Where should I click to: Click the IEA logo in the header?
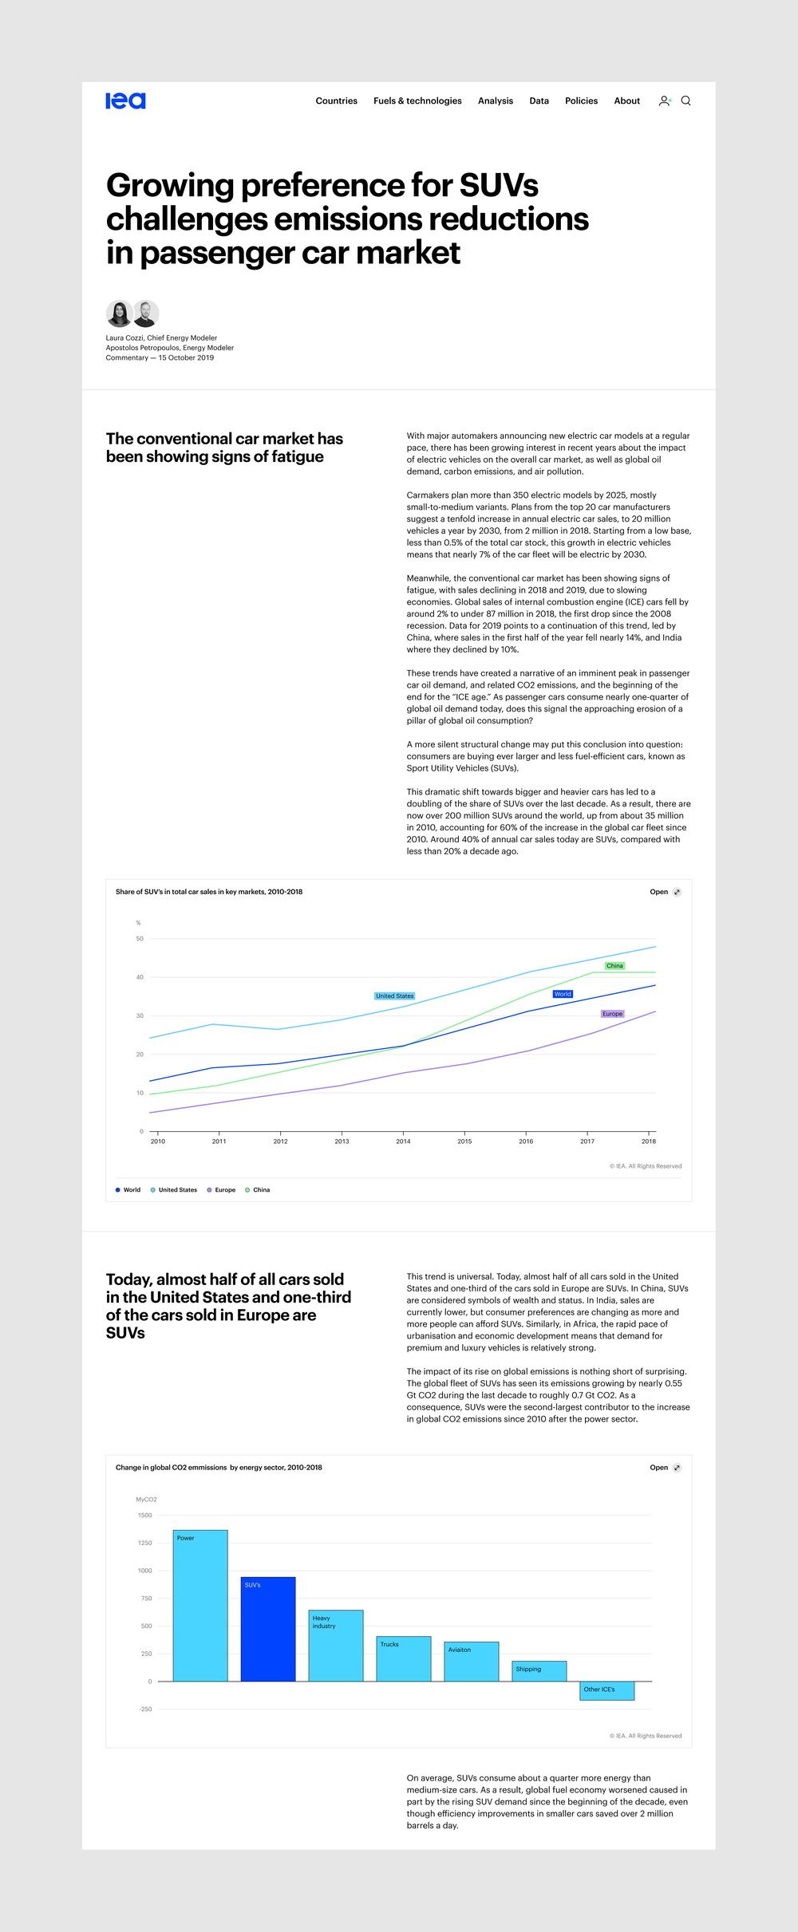click(x=125, y=101)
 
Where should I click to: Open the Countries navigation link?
click(x=336, y=101)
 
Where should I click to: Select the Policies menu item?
click(x=581, y=101)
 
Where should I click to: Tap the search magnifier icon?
click(x=685, y=101)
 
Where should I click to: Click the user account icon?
click(x=664, y=101)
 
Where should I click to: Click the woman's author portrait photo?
click(x=119, y=313)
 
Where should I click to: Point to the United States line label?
click(x=395, y=996)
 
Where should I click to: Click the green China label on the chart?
click(x=614, y=966)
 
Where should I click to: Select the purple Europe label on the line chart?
click(x=612, y=1014)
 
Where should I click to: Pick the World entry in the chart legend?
click(x=128, y=1190)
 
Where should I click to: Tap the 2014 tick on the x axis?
click(x=403, y=1141)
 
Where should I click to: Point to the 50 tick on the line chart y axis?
click(x=140, y=939)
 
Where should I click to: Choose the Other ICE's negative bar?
click(x=606, y=1690)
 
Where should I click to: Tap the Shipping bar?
click(x=539, y=1671)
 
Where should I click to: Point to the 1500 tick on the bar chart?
click(x=144, y=1516)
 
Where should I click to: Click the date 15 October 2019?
click(x=186, y=358)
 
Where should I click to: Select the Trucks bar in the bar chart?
click(x=404, y=1659)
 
